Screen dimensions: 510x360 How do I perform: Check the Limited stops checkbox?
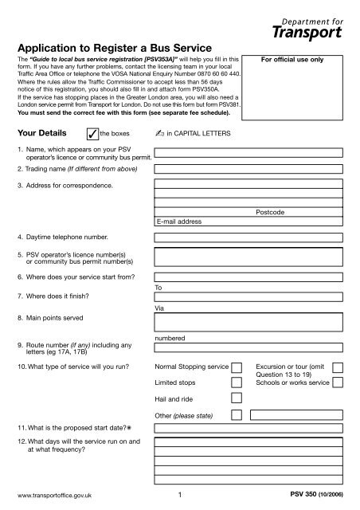point(237,382)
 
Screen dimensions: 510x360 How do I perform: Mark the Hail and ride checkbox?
point(237,399)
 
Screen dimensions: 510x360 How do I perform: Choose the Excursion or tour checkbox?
point(338,367)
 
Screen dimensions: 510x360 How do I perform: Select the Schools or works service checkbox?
point(338,382)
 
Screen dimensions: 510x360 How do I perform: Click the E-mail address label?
point(179,221)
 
